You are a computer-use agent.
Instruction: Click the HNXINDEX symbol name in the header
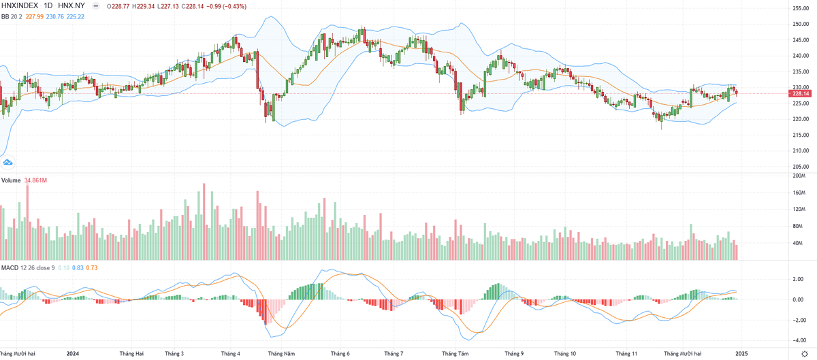pyautogui.click(x=20, y=5)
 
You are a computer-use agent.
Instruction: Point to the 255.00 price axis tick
pyautogui.click(x=801, y=8)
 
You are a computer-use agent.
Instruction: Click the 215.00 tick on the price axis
pyautogui.click(x=801, y=135)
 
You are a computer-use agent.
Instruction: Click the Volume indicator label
pyautogui.click(x=11, y=180)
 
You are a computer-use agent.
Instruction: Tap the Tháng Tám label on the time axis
pyautogui.click(x=455, y=354)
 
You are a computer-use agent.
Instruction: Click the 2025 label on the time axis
pyautogui.click(x=741, y=354)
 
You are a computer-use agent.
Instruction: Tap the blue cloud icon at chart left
pyautogui.click(x=8, y=162)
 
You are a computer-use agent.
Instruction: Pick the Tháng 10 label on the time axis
pyautogui.click(x=565, y=354)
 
